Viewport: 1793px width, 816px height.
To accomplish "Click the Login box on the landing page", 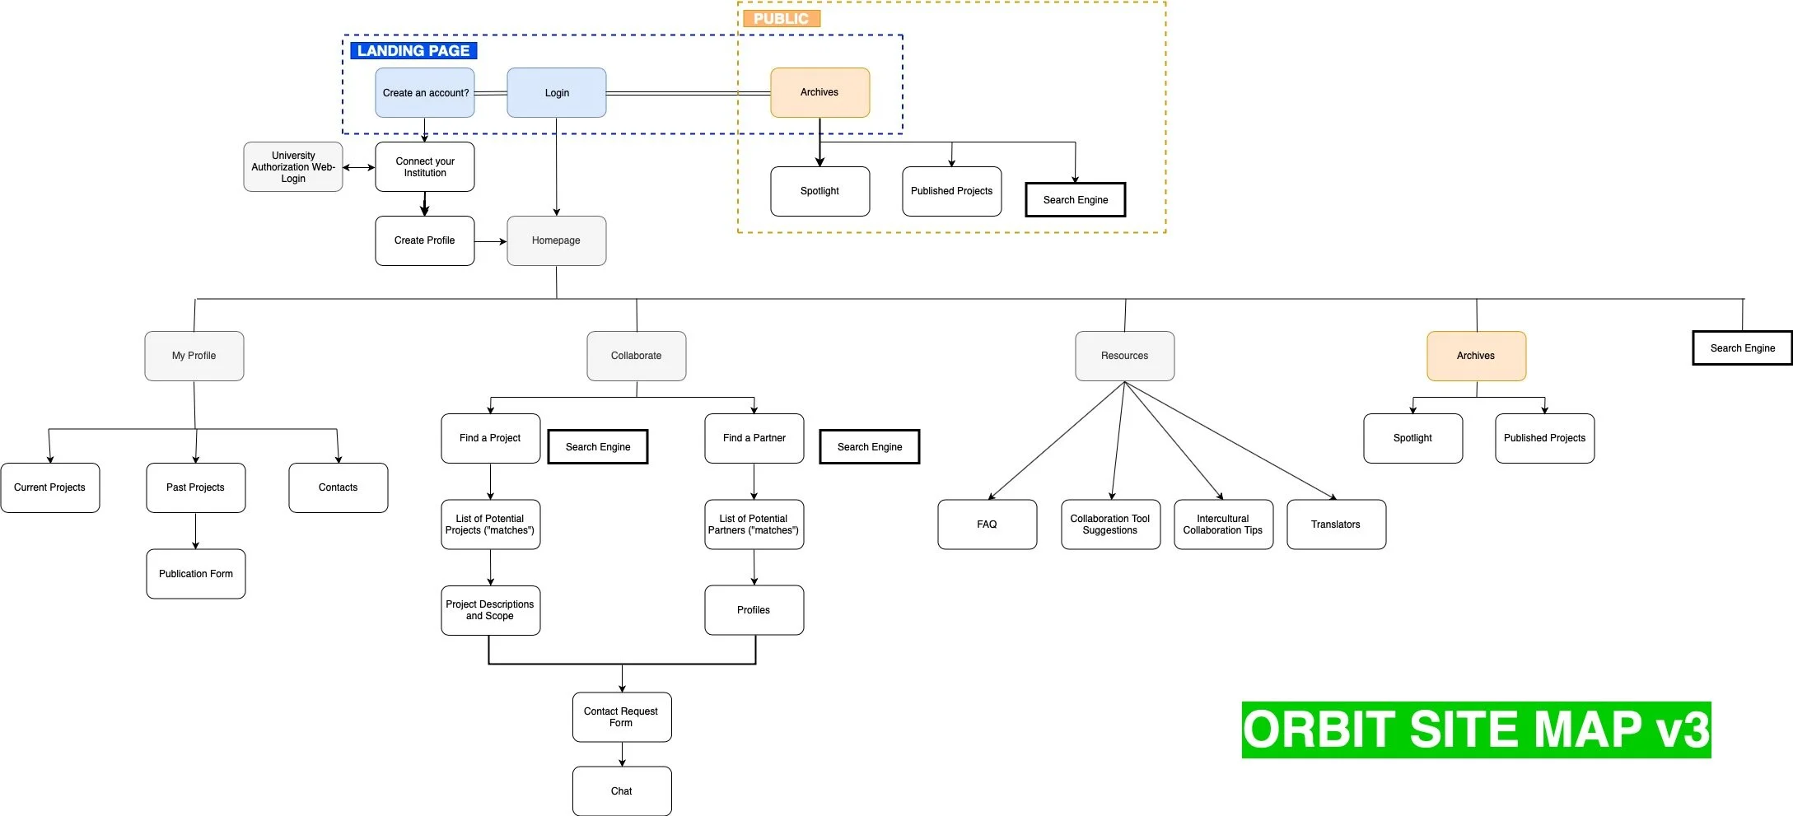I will pyautogui.click(x=556, y=92).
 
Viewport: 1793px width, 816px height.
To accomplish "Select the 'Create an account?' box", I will pyautogui.click(x=425, y=92).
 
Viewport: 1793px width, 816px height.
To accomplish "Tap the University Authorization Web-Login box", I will pyautogui.click(x=292, y=166).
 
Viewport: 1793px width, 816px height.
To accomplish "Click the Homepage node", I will pyautogui.click(x=556, y=240).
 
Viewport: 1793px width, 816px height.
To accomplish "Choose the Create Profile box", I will pyautogui.click(x=424, y=240).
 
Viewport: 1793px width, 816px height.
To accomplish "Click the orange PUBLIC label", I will pyautogui.click(x=781, y=18).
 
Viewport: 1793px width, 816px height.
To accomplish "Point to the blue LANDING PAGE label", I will pyautogui.click(x=413, y=50).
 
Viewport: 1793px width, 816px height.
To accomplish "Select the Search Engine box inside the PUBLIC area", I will pyautogui.click(x=1075, y=199).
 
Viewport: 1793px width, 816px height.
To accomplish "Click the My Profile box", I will pyautogui.click(x=194, y=356).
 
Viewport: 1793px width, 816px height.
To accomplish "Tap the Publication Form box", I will pyautogui.click(x=195, y=574).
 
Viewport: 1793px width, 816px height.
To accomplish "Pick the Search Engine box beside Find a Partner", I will pyautogui.click(x=869, y=446).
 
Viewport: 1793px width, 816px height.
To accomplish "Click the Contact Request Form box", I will pyautogui.click(x=621, y=716).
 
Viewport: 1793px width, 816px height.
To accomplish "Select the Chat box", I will pyautogui.click(x=621, y=790).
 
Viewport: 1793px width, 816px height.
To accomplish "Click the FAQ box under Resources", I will pyautogui.click(x=987, y=524).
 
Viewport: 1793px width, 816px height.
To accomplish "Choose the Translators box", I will pyautogui.click(x=1335, y=524).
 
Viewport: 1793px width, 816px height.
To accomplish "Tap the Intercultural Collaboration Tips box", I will pyautogui.click(x=1222, y=524).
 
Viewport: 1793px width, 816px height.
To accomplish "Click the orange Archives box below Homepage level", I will pyautogui.click(x=1475, y=356).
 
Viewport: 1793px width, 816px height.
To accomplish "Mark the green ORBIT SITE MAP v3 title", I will pyautogui.click(x=1475, y=730).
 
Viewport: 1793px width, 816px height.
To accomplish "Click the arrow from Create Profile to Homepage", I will pyautogui.click(x=491, y=241).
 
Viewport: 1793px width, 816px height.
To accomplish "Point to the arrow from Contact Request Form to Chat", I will pyautogui.click(x=622, y=754).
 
